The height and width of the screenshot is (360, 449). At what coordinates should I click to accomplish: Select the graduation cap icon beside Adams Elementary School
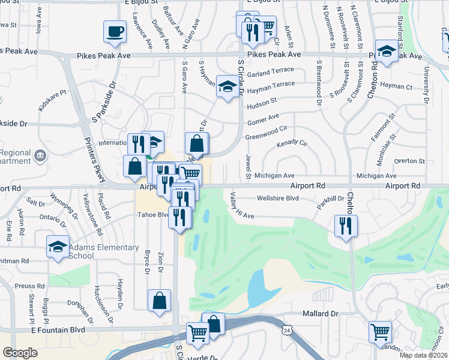58,247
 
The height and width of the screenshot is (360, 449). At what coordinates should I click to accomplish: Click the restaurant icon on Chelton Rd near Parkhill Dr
345,226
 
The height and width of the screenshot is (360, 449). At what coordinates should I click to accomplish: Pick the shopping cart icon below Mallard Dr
379,332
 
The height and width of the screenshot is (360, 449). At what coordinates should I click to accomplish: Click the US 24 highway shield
287,330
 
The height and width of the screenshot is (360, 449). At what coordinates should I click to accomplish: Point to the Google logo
20,353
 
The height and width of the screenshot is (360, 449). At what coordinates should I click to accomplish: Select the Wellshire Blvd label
277,197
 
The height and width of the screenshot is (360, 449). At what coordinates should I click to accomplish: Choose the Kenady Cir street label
292,144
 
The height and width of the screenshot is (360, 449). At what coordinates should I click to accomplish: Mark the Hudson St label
262,103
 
